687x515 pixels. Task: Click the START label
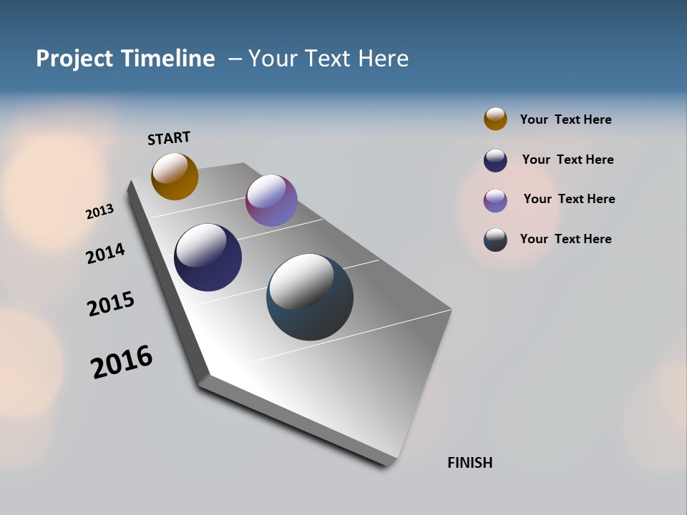[x=169, y=138]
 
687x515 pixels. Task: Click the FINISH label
[x=469, y=463]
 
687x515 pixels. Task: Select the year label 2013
[x=99, y=212]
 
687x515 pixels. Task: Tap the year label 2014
[x=105, y=253]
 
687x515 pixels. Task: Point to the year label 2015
[x=110, y=304]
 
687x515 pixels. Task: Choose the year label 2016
[x=122, y=361]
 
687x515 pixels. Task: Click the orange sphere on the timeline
[x=175, y=176]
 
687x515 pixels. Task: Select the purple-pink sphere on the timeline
[x=271, y=200]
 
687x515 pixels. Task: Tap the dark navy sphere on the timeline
[x=208, y=257]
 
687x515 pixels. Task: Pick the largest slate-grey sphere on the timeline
[x=310, y=297]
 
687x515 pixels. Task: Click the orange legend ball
[x=495, y=119]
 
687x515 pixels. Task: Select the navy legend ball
[x=495, y=160]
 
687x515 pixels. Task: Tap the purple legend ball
[x=495, y=200]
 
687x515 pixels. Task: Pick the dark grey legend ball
[x=495, y=240]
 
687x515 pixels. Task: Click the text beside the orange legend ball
[x=565, y=119]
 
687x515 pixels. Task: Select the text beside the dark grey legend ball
[x=565, y=239]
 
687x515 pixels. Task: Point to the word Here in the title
[x=383, y=59]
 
